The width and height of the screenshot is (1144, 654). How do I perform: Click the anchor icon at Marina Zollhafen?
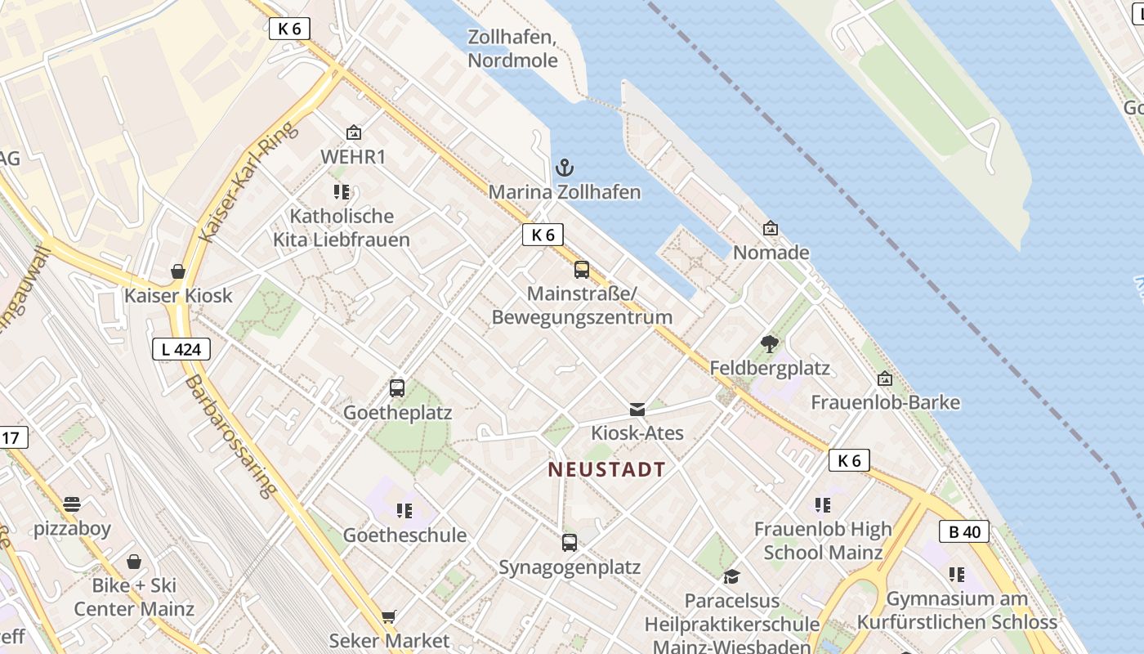(x=564, y=168)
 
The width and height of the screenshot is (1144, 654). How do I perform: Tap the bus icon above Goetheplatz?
(x=397, y=388)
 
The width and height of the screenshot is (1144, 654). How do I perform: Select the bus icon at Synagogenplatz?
(x=570, y=542)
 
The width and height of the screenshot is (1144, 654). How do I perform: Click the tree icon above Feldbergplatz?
(x=769, y=344)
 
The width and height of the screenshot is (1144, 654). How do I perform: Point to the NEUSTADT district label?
(x=606, y=470)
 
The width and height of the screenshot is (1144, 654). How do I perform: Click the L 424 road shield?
(x=181, y=350)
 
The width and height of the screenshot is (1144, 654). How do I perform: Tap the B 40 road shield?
(x=964, y=532)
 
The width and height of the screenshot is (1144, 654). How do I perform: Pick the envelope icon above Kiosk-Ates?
(x=637, y=409)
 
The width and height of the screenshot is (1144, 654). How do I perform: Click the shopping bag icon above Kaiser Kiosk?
(x=178, y=271)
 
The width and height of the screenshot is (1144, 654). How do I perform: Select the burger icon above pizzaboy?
(x=72, y=504)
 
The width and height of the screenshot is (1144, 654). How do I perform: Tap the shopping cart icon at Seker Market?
(x=389, y=616)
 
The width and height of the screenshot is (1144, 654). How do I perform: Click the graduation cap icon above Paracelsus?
(x=731, y=576)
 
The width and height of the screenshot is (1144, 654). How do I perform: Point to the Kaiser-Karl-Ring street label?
(x=248, y=183)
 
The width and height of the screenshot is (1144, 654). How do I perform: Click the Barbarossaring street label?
(x=231, y=437)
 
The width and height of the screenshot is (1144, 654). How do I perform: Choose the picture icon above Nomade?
(x=770, y=229)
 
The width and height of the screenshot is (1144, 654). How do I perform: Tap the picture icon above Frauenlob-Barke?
(x=885, y=379)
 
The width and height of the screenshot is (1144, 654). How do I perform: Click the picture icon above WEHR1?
(x=353, y=132)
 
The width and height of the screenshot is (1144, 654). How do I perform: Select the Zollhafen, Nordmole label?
(x=512, y=49)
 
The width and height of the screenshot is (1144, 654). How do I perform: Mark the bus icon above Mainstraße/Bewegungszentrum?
(x=582, y=270)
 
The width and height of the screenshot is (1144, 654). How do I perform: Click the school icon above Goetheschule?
(x=404, y=511)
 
